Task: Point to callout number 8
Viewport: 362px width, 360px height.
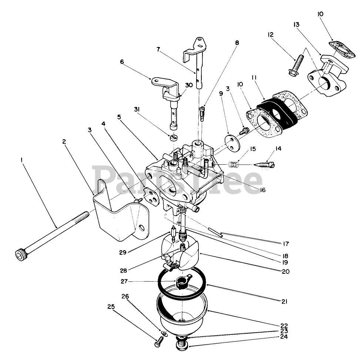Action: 237,43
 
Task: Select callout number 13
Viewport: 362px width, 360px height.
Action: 296,24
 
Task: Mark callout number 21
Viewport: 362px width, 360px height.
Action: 284,302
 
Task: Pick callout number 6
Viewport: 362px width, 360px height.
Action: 122,63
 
